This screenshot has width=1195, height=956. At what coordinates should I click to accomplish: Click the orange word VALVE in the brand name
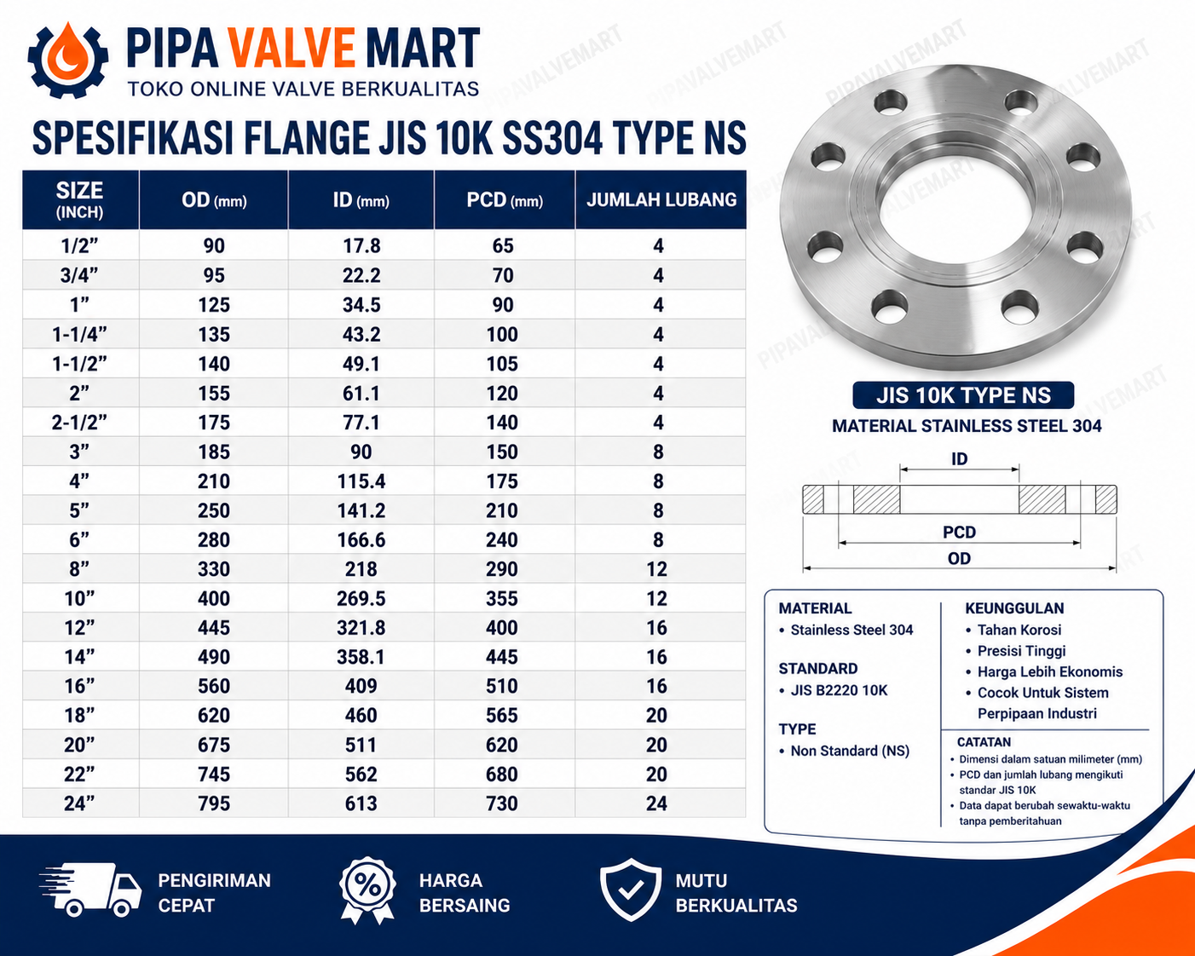tap(292, 49)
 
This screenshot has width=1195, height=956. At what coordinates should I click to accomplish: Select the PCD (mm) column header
tap(505, 200)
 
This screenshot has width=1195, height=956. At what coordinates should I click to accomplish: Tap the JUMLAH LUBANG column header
tap(661, 200)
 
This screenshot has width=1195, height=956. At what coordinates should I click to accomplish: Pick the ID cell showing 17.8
tap(361, 246)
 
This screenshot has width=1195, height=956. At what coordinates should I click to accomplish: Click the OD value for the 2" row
tap(214, 394)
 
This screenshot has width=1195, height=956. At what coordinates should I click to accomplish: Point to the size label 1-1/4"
tap(79, 334)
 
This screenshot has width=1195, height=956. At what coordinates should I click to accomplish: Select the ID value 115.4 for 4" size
tap(361, 481)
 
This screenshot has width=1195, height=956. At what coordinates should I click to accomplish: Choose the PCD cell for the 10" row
tap(502, 598)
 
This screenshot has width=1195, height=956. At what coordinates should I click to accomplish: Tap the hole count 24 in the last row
tap(656, 803)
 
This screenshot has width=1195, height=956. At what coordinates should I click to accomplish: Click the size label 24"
tap(79, 803)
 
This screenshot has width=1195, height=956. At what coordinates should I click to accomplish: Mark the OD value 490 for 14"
tap(214, 657)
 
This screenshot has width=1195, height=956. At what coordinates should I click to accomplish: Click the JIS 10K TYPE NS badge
tap(963, 395)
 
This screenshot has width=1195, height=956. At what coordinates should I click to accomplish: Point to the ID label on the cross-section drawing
tap(959, 459)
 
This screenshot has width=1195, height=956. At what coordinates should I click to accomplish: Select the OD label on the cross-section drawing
tap(959, 558)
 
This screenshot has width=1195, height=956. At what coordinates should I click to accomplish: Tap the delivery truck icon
tap(90, 890)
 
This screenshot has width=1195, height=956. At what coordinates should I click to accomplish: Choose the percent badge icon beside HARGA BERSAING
tap(367, 890)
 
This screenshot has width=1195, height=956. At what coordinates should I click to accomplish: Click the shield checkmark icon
tap(630, 890)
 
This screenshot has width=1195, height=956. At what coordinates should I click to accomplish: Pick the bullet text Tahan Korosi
tap(1019, 630)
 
